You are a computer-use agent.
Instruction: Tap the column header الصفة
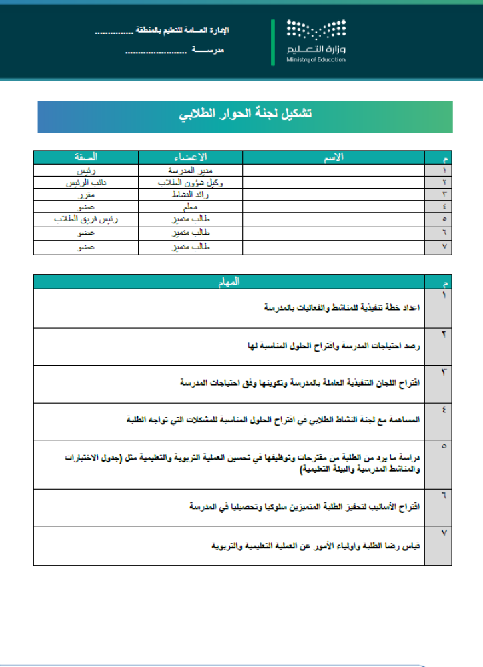coord(87,157)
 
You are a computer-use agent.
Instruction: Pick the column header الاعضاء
coord(191,157)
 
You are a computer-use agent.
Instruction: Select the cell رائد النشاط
coord(191,195)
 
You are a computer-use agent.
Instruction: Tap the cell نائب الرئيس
coord(87,183)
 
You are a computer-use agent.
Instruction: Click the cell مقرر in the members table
coord(87,195)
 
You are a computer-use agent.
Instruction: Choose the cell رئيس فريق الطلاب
coord(87,219)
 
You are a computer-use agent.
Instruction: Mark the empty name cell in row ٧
coord(334,247)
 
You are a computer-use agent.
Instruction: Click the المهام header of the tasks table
coord(229,282)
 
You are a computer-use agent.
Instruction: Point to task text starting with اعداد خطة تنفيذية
coord(341,308)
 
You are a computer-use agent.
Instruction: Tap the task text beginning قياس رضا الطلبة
coord(314,546)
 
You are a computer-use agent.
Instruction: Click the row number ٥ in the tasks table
coord(444,445)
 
